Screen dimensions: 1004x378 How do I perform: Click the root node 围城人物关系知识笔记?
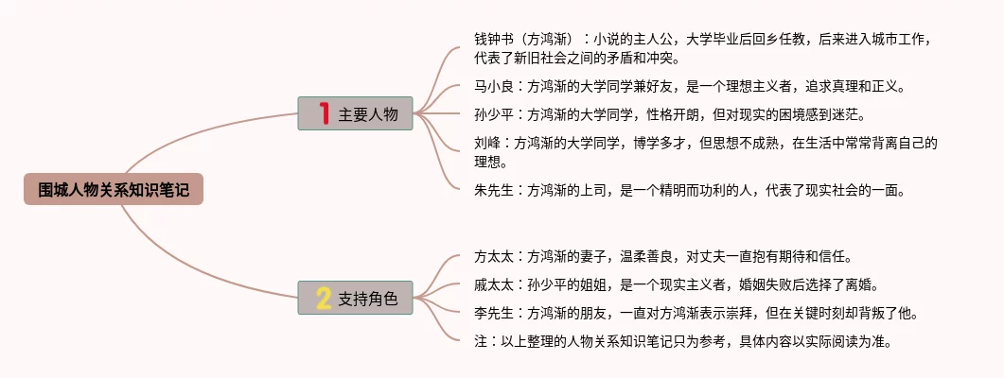point(114,190)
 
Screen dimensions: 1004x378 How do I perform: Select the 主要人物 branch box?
point(355,113)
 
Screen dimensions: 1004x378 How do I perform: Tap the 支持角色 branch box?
point(355,299)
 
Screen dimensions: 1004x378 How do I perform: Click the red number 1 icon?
point(324,113)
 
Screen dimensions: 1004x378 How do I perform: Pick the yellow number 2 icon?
point(324,299)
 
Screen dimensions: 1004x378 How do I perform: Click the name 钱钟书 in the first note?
point(495,39)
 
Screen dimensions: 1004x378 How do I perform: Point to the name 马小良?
point(495,87)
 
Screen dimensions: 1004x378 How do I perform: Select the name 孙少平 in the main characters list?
point(495,115)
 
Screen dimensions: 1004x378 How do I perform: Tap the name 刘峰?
point(488,144)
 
